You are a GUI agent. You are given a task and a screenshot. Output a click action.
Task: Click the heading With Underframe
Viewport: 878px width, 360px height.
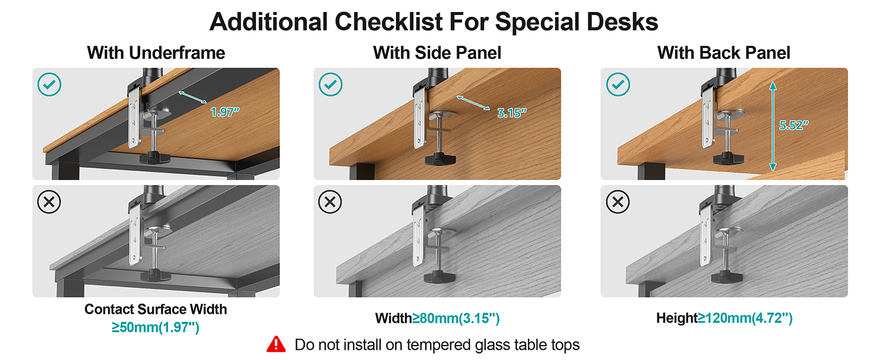click(156, 53)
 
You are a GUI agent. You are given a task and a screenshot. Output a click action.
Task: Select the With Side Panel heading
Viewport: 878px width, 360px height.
click(437, 53)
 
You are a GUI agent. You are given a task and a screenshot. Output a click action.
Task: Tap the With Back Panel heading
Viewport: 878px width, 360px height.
click(724, 53)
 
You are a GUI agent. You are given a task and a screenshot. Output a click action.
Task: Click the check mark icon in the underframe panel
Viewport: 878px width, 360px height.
click(49, 85)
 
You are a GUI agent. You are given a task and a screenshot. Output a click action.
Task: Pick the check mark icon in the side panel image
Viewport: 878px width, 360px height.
click(330, 85)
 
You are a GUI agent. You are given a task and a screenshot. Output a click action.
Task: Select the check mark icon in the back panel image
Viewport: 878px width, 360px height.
click(618, 85)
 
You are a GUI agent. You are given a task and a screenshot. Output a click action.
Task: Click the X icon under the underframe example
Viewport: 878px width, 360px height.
click(49, 202)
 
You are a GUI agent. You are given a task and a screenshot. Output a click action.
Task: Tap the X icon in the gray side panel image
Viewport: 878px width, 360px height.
click(330, 202)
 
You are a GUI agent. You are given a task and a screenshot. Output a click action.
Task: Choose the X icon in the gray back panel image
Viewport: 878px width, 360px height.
click(618, 202)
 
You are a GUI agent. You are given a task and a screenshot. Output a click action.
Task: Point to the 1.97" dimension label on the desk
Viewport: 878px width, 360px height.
click(225, 112)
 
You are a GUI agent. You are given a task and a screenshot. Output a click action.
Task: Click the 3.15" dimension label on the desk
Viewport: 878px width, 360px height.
click(512, 113)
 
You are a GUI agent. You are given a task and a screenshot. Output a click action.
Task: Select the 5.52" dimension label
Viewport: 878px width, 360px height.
click(793, 125)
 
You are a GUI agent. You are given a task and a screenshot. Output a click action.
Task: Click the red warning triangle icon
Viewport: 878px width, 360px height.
click(276, 344)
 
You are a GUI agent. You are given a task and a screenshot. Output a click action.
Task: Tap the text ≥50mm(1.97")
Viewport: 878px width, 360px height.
click(155, 327)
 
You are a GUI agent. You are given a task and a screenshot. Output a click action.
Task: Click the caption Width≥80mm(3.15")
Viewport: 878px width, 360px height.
click(437, 318)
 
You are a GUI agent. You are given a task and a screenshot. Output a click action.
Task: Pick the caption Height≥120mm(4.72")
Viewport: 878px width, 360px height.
click(724, 318)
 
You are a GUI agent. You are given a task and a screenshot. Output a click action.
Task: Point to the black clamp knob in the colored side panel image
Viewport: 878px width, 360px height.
click(438, 160)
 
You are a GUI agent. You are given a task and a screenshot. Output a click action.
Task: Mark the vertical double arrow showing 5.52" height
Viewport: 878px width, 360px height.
click(774, 126)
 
